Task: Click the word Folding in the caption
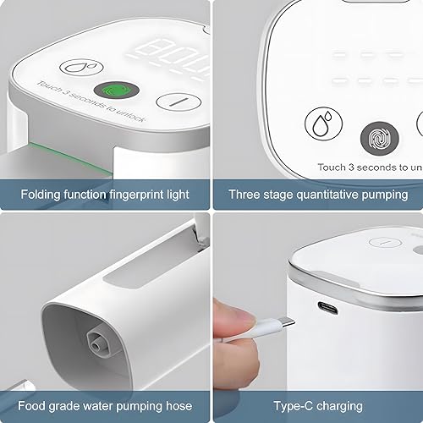41,194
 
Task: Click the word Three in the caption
244,194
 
